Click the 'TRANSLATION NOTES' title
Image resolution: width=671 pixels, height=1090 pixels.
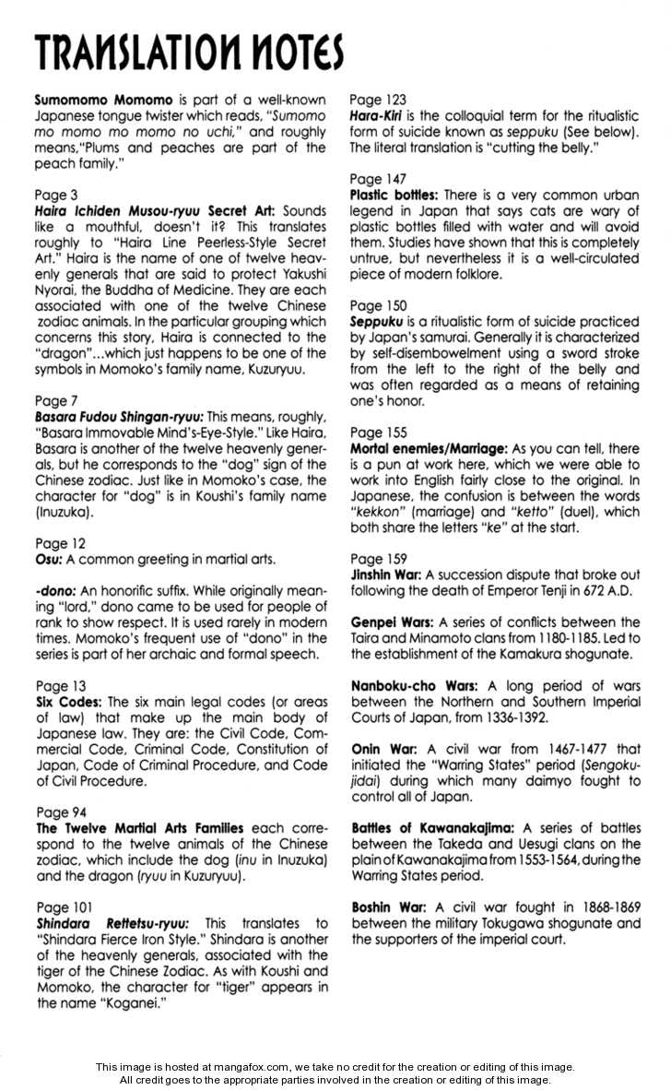(x=189, y=53)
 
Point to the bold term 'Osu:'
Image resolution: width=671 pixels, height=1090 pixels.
(x=48, y=560)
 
